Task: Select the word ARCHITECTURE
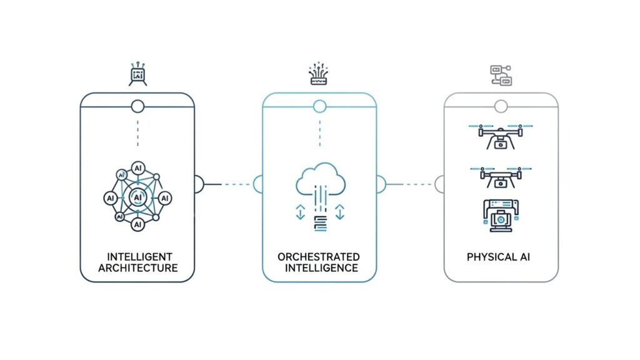(x=138, y=268)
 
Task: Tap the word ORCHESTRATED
(x=319, y=257)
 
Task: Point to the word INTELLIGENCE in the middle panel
(x=321, y=268)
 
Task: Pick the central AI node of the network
(x=137, y=197)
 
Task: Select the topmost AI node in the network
(x=137, y=169)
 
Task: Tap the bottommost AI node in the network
(x=137, y=224)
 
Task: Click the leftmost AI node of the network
(x=109, y=197)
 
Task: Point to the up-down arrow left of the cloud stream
(x=299, y=212)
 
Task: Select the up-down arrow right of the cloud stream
(x=339, y=212)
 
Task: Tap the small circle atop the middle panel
(x=319, y=106)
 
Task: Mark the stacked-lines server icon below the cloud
(x=319, y=222)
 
